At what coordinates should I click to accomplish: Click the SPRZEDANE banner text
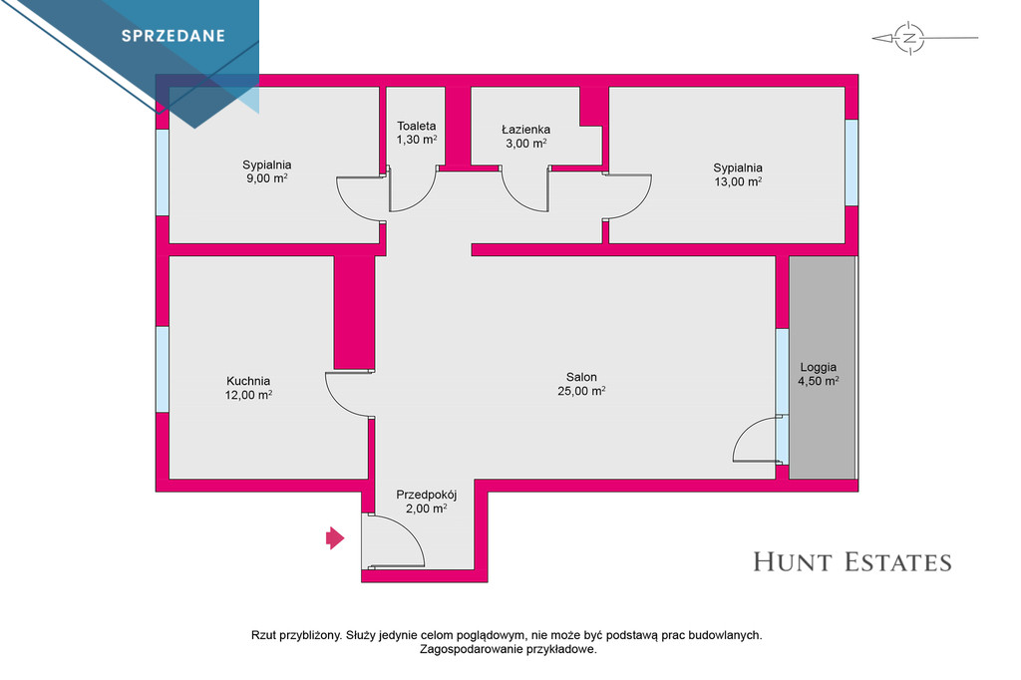pos(173,36)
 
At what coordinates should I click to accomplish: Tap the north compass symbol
pos(909,38)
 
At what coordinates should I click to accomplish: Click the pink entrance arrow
pos(335,538)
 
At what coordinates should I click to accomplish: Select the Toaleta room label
pos(417,126)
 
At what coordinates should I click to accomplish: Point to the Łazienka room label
pos(526,130)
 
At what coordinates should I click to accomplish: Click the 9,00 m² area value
pos(267,178)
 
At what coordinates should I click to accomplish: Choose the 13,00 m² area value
pos(739,181)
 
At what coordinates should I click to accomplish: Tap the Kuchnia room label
pos(248,381)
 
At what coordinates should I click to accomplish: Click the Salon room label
pos(581,377)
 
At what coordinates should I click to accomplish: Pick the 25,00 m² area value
pos(581,391)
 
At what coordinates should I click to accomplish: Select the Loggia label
pos(819,367)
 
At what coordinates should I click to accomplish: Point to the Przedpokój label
pos(427,495)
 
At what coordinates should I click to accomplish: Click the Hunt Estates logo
pos(852,562)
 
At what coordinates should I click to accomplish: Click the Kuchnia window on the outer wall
pos(163,369)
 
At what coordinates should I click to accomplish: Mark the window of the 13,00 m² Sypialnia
pos(851,163)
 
